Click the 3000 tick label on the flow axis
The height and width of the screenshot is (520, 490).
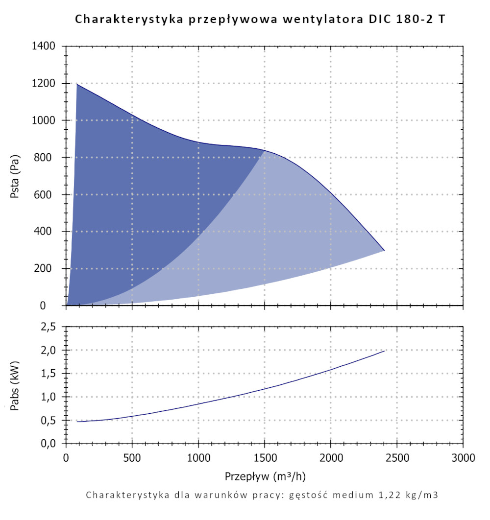point(463,458)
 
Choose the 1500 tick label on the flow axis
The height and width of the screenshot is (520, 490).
point(265,458)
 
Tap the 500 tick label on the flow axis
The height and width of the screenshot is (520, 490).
point(132,458)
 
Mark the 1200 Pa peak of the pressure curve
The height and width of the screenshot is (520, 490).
point(77,84)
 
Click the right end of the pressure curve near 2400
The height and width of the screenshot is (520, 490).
point(384,250)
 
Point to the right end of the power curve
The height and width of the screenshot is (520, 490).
point(385,351)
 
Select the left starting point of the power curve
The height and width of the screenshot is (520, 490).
point(77,422)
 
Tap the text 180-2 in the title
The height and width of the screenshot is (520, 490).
point(414,20)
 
